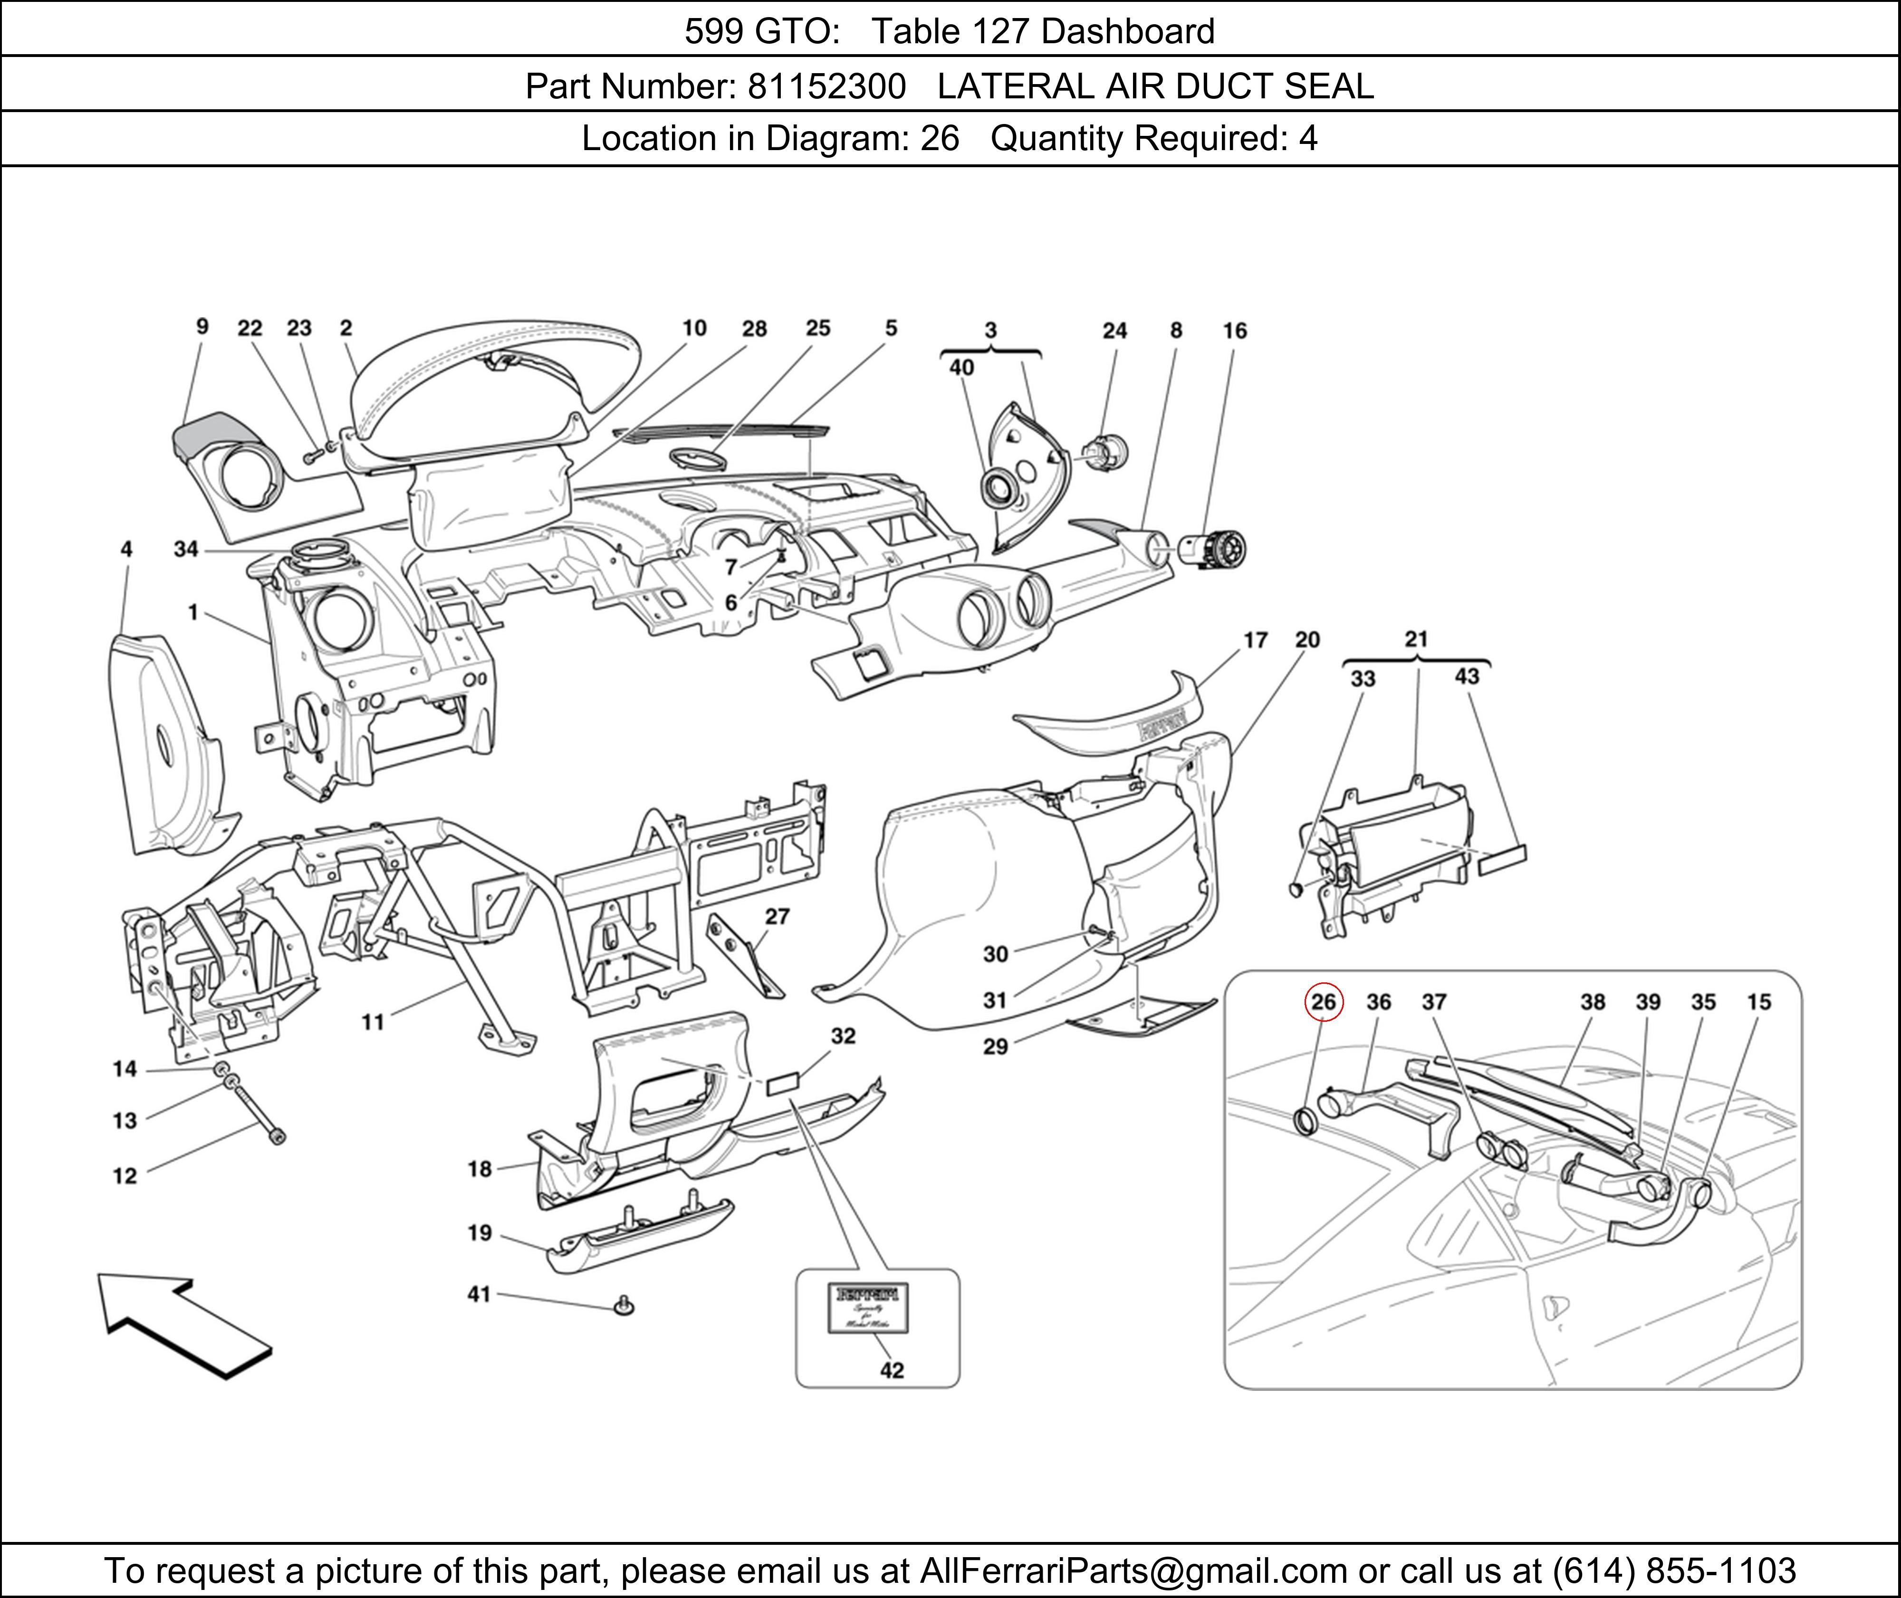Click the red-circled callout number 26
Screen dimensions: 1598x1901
point(1323,1002)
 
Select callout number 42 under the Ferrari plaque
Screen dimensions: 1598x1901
point(892,1370)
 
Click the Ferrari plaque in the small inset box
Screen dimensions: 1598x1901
point(869,1308)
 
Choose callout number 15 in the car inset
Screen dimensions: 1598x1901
point(1759,1002)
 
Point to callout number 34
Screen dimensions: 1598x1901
point(186,549)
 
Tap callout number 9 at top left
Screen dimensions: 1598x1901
point(202,326)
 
